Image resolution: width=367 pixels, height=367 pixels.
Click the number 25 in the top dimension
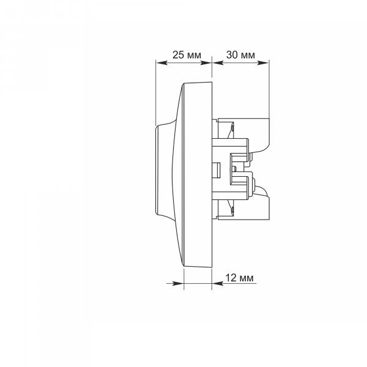(x=179, y=55)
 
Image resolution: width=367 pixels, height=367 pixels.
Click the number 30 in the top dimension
(x=232, y=55)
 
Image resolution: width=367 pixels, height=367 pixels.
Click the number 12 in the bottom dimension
(x=231, y=278)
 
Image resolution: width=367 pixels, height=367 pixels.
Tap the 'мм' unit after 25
(x=195, y=56)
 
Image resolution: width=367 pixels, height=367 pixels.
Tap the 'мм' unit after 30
(x=248, y=56)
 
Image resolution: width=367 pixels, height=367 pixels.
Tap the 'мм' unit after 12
(x=247, y=279)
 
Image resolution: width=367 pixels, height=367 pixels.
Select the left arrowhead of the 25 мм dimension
(x=161, y=63)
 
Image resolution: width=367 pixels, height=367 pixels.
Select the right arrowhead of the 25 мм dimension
(x=206, y=63)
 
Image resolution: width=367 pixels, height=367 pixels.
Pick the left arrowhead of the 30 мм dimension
(x=218, y=63)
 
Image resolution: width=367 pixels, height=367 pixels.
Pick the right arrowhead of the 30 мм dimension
(x=263, y=63)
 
